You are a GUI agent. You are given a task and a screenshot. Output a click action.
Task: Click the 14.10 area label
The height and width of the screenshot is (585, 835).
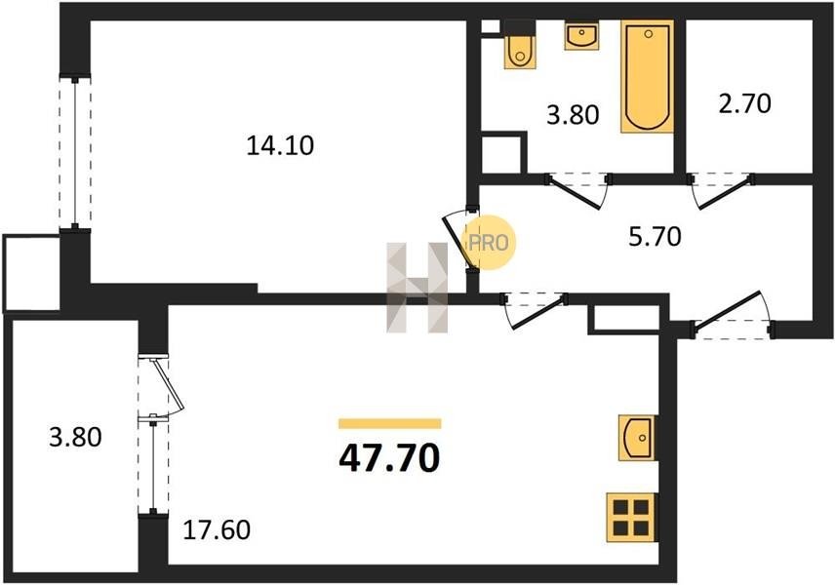pyautogui.click(x=280, y=145)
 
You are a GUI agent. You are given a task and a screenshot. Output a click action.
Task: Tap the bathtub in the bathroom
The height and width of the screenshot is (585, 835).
pyautogui.click(x=647, y=76)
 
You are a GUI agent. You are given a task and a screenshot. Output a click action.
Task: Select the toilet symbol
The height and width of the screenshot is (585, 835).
pyautogui.click(x=520, y=51)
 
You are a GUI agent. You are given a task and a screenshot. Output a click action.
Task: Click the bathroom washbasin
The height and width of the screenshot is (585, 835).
pyautogui.click(x=581, y=36)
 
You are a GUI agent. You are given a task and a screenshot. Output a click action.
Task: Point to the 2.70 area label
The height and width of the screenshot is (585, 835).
pyautogui.click(x=744, y=103)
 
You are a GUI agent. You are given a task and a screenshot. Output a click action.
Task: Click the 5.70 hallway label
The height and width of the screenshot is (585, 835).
pyautogui.click(x=655, y=236)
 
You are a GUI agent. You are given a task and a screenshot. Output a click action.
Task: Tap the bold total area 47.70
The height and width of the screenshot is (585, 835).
pyautogui.click(x=390, y=458)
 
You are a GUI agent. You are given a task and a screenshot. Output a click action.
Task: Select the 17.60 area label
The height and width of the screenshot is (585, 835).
pyautogui.click(x=217, y=530)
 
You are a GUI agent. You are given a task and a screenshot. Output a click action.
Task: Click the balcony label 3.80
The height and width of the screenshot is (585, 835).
pyautogui.click(x=75, y=437)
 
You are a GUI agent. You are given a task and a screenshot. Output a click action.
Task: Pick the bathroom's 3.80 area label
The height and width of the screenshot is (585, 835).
pyautogui.click(x=573, y=114)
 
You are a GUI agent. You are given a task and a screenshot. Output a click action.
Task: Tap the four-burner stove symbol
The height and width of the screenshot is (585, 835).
pyautogui.click(x=631, y=518)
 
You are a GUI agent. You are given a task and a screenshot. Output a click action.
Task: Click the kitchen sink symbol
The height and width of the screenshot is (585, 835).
pyautogui.click(x=637, y=438)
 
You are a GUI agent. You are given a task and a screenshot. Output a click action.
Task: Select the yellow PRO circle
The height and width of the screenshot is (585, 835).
pyautogui.click(x=489, y=243)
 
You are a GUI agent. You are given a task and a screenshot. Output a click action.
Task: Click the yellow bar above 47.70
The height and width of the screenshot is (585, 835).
pyautogui.click(x=390, y=424)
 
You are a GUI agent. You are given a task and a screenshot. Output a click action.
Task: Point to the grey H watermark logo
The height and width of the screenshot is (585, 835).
pyautogui.click(x=417, y=288)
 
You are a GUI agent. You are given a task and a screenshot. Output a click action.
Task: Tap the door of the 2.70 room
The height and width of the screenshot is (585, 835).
pyautogui.click(x=721, y=191)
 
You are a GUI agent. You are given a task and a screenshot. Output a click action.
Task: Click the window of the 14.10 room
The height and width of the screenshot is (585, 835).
pyautogui.click(x=75, y=153)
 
